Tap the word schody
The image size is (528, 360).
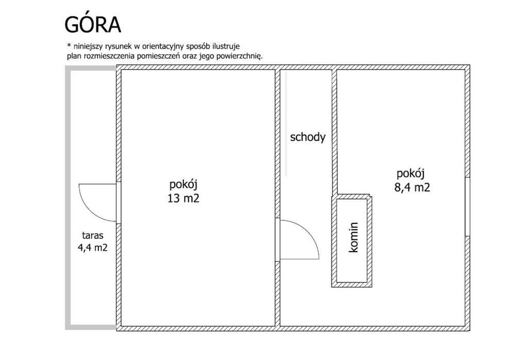(308, 137)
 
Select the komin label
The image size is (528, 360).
(354, 237)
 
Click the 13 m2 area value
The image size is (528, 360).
(184, 198)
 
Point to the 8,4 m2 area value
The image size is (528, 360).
(412, 187)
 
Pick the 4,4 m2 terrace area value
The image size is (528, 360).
(93, 248)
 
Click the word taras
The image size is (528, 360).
(93, 235)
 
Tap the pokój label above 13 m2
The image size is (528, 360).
(183, 185)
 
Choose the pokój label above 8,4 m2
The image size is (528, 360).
(410, 173)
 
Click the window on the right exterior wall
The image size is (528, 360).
(467, 206)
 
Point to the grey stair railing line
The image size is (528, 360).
(286, 124)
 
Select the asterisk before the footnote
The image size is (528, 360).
(69, 45)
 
